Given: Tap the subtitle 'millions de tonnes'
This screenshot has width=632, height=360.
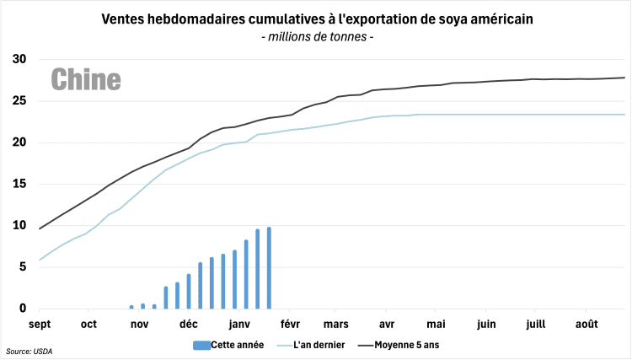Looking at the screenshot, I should pos(317,37).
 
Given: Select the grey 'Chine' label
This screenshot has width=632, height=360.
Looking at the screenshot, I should pos(86,79).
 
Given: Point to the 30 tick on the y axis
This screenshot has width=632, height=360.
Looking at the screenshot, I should pos(19,59).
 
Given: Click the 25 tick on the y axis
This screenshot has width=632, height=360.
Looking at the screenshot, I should pos(19,100).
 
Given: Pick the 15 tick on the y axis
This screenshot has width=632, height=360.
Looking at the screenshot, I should pos(19,184).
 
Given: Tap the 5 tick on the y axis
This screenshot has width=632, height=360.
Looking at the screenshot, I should pos(23,266).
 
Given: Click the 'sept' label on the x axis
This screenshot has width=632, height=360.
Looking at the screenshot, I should pos(40,324).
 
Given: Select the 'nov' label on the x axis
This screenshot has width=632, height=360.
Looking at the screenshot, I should pos(140,324).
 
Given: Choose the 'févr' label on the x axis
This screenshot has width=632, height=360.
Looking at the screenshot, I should pos(290,324).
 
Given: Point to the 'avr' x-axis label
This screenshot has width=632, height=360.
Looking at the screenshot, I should pos(388,324).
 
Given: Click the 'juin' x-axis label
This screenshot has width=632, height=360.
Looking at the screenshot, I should pos(486,324).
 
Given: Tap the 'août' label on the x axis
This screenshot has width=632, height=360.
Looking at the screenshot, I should pos(587,324).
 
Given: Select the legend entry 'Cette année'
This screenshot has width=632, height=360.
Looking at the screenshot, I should pos(228,344).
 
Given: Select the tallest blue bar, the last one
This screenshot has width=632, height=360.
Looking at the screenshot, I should pos(269,268).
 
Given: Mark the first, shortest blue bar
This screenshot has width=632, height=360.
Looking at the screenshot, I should pos(131,307).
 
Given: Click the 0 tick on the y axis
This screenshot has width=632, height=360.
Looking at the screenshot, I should pos(23,309).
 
